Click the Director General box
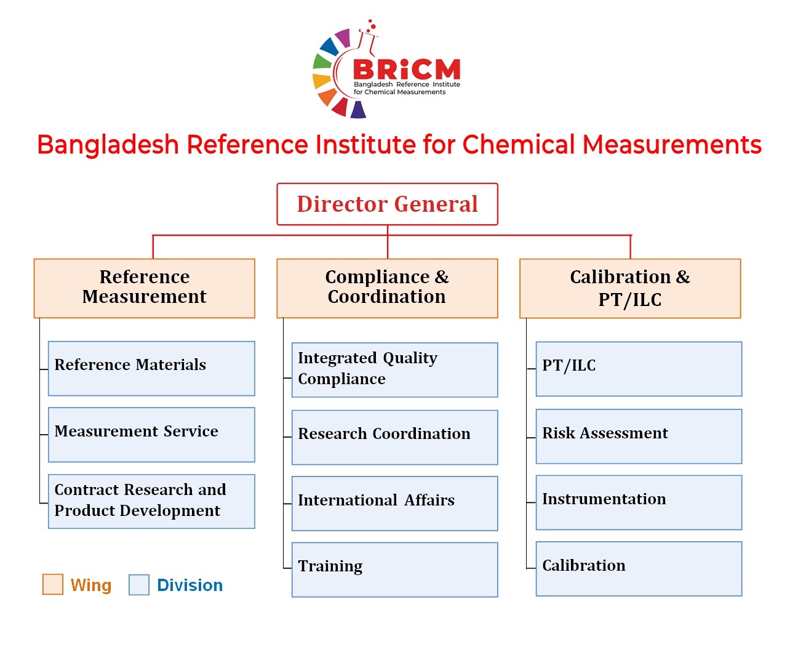tap(387, 204)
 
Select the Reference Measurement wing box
tap(144, 288)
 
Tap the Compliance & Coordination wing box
tap(387, 288)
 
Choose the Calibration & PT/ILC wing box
tap(630, 288)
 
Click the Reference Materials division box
tap(151, 368)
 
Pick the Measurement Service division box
tap(151, 435)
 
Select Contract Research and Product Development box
tap(151, 501)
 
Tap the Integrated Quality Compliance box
tap(394, 370)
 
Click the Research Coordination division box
tap(394, 437)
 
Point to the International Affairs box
tap(394, 504)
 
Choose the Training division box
tap(394, 570)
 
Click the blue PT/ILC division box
tap(639, 369)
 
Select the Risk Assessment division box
tap(639, 437)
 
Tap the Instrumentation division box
tap(639, 502)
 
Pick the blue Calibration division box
tap(639, 569)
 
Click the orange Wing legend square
tap(52, 584)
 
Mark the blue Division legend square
tap(139, 585)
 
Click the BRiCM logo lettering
tap(407, 70)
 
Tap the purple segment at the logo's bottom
tap(358, 110)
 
